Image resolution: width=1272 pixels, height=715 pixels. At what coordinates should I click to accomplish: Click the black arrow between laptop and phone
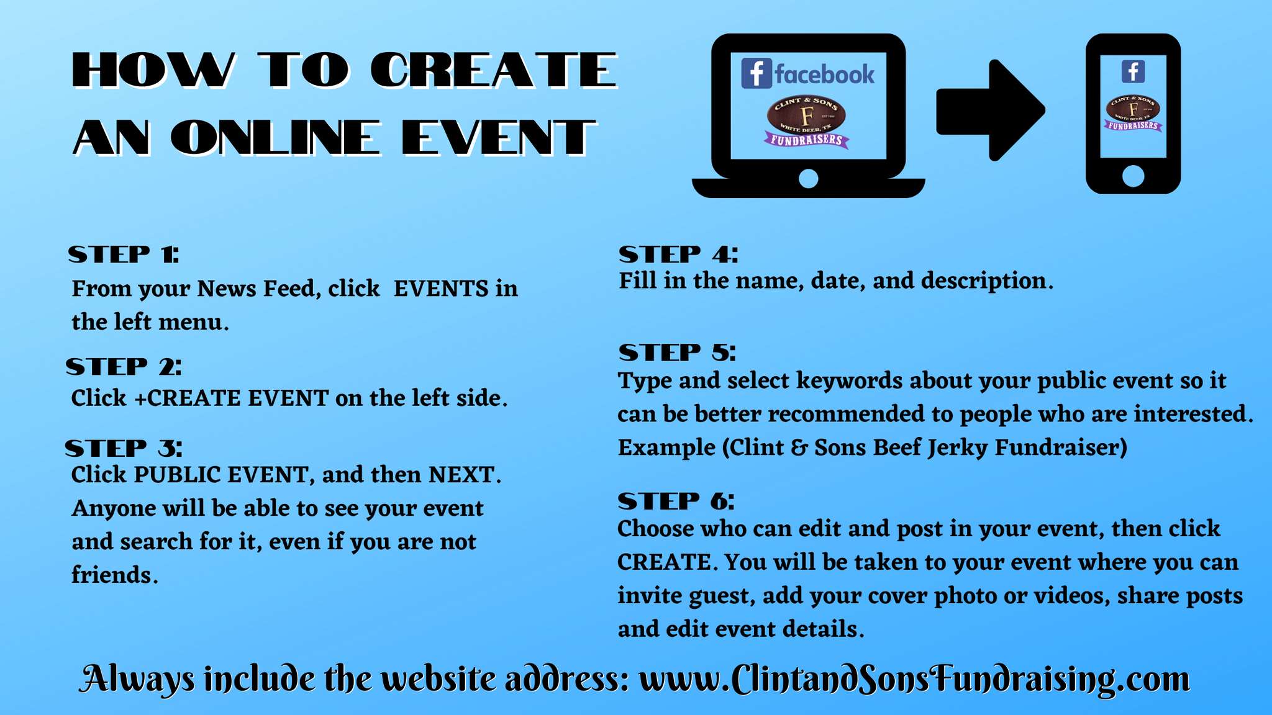[x=990, y=110]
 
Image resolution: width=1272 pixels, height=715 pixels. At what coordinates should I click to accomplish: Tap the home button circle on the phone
[x=1133, y=176]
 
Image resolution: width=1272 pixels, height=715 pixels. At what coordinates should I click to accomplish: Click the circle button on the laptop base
[x=808, y=179]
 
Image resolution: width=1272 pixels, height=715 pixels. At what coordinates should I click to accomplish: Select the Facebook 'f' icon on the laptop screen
[x=756, y=74]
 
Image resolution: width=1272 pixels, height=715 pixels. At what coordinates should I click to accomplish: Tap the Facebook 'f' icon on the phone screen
[x=1133, y=71]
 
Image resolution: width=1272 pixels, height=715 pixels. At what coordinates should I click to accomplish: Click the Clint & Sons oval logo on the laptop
[x=806, y=114]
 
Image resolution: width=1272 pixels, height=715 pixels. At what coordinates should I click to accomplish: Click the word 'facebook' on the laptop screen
[x=825, y=74]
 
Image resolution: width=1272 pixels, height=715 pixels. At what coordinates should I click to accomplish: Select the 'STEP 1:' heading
[x=124, y=254]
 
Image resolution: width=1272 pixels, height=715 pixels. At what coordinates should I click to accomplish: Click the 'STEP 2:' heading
[x=124, y=367]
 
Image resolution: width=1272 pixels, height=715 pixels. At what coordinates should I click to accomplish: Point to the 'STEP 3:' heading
[x=124, y=448]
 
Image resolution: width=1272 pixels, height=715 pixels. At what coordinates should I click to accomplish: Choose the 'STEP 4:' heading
[x=678, y=254]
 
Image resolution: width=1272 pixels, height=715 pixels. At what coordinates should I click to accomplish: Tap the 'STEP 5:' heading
[x=677, y=353]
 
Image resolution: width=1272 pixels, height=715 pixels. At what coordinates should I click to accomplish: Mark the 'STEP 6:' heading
[x=676, y=501]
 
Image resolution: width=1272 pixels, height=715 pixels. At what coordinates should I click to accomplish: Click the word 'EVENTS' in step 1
[x=441, y=289]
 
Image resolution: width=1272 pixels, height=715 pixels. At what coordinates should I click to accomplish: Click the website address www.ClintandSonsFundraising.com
[x=914, y=679]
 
